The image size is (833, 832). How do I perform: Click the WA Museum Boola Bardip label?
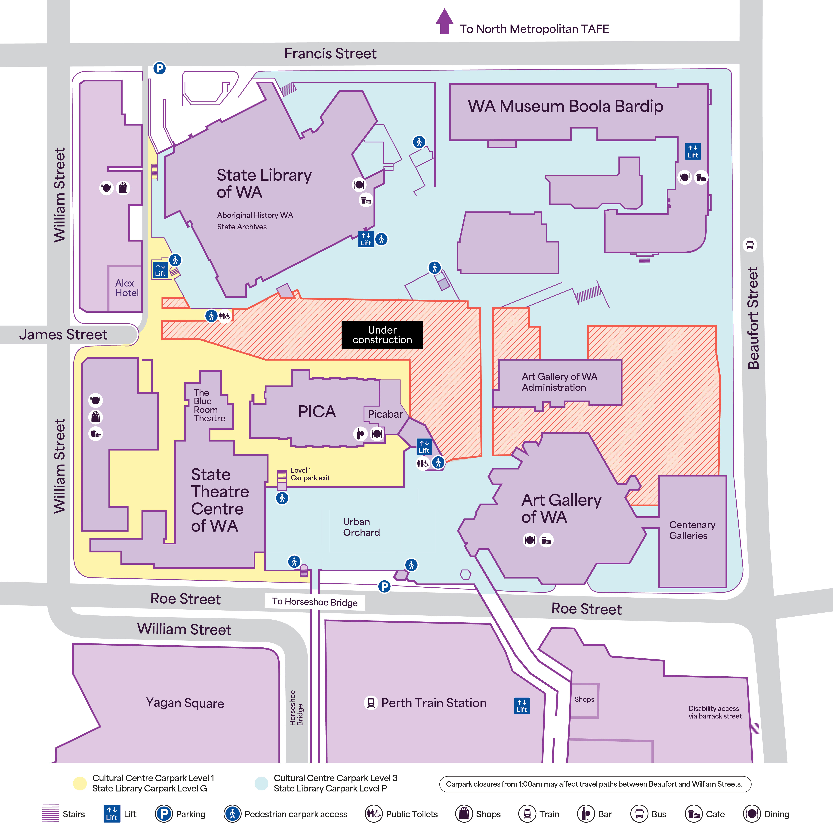565,106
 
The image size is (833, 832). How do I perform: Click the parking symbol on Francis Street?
160,68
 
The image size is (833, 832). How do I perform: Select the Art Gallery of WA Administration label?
559,382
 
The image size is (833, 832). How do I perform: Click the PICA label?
317,412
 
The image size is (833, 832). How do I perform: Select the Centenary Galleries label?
692,530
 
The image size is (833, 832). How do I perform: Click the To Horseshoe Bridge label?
315,602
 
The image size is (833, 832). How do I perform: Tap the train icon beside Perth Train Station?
370,703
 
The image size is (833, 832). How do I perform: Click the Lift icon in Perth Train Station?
522,706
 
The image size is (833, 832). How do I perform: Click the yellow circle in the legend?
80,783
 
